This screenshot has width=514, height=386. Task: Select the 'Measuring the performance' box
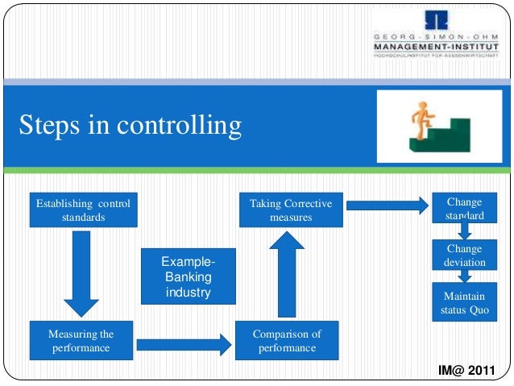81,341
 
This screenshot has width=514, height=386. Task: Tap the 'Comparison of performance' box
287,341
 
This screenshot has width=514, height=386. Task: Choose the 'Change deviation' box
464,255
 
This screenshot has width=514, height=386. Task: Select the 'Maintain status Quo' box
464,302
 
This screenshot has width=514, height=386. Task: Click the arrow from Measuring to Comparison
184,345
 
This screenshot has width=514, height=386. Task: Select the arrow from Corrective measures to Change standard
390,205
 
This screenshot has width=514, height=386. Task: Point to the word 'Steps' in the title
52,126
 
